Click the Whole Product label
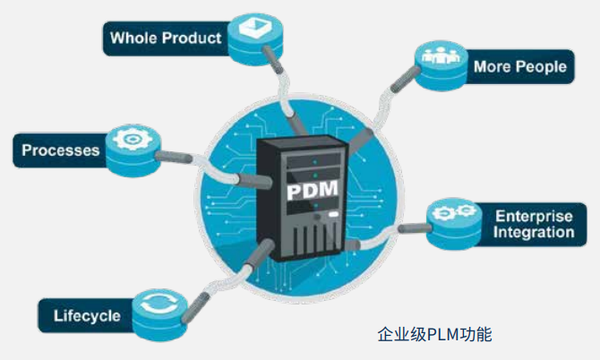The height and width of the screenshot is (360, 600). click(x=165, y=38)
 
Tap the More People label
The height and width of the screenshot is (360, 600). click(x=519, y=66)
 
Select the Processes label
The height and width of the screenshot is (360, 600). click(x=60, y=150)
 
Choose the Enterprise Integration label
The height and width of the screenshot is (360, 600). click(x=535, y=224)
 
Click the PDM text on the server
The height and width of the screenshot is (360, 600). click(x=310, y=193)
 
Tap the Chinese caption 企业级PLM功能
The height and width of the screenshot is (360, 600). click(x=434, y=336)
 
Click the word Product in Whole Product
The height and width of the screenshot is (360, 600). click(x=190, y=38)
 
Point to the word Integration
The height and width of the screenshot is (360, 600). click(x=535, y=233)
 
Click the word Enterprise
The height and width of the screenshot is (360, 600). click(x=535, y=215)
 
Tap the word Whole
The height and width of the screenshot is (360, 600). click(x=133, y=38)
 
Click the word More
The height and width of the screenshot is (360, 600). click(x=491, y=66)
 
